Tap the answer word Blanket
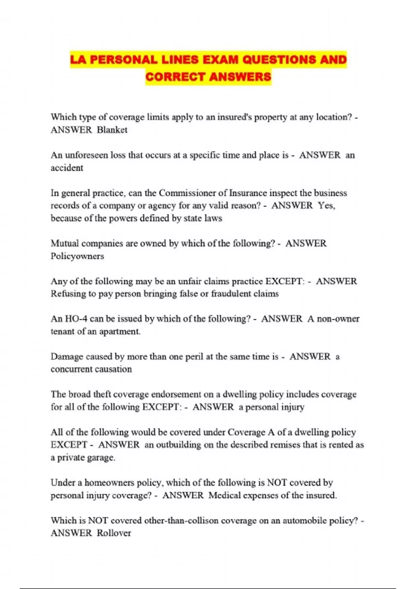112,130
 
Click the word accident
67,168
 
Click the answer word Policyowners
77,256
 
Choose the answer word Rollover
114,533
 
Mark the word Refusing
68,294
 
